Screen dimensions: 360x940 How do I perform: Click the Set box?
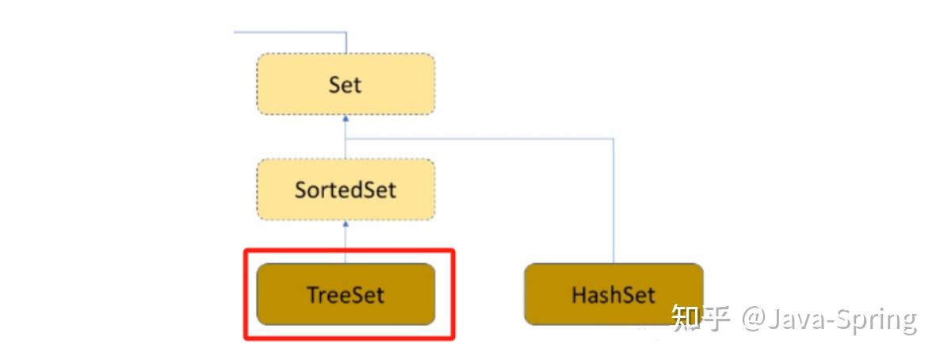click(346, 84)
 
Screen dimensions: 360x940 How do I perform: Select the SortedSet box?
click(346, 190)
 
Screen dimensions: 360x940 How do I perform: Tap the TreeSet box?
click(346, 294)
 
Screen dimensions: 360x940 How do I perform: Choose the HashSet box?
click(613, 294)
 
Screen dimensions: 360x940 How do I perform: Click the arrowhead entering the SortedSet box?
click(346, 224)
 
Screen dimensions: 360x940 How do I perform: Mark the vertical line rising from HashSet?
click(613, 206)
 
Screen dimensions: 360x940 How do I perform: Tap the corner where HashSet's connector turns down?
click(613, 139)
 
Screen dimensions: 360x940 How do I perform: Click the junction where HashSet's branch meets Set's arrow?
click(346, 139)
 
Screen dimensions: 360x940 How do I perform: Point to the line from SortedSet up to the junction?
click(346, 149)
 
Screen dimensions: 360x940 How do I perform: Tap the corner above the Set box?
click(346, 33)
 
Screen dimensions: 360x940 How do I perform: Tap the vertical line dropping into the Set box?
click(346, 44)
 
